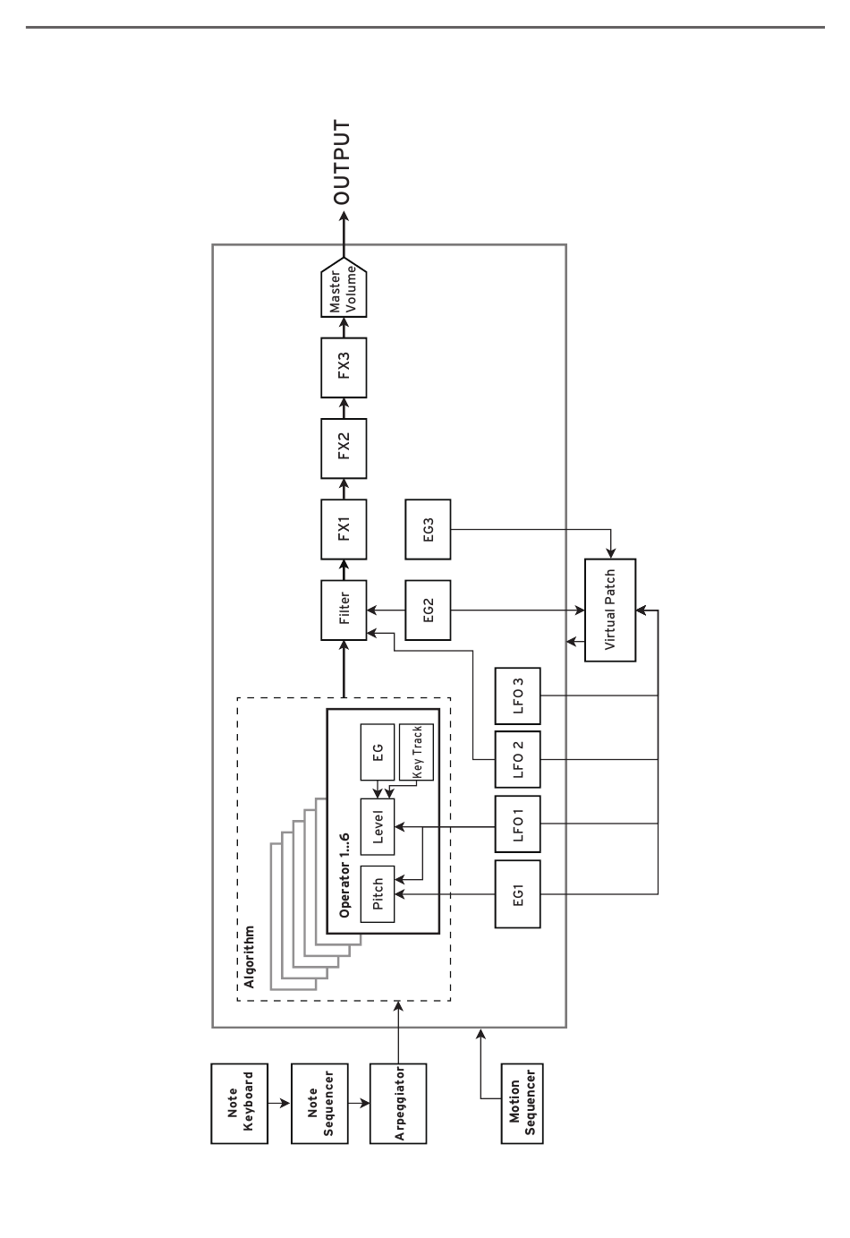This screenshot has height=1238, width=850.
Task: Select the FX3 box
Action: pos(344,366)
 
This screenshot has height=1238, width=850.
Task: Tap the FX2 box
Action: pos(344,445)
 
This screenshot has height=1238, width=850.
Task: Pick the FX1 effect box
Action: pos(344,528)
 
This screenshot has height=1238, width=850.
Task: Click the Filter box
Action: pos(344,610)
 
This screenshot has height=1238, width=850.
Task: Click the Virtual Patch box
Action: pos(610,610)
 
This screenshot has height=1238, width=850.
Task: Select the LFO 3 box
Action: pos(517,696)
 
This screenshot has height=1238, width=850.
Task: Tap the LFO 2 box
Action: pos(517,759)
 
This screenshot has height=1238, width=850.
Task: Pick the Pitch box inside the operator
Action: pos(378,893)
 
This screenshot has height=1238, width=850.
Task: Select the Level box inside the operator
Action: pos(378,824)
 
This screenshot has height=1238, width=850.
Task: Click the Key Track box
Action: pos(416,752)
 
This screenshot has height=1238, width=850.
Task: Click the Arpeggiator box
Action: pos(397,1103)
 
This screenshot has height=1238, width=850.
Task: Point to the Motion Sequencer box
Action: pos(522,1103)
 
